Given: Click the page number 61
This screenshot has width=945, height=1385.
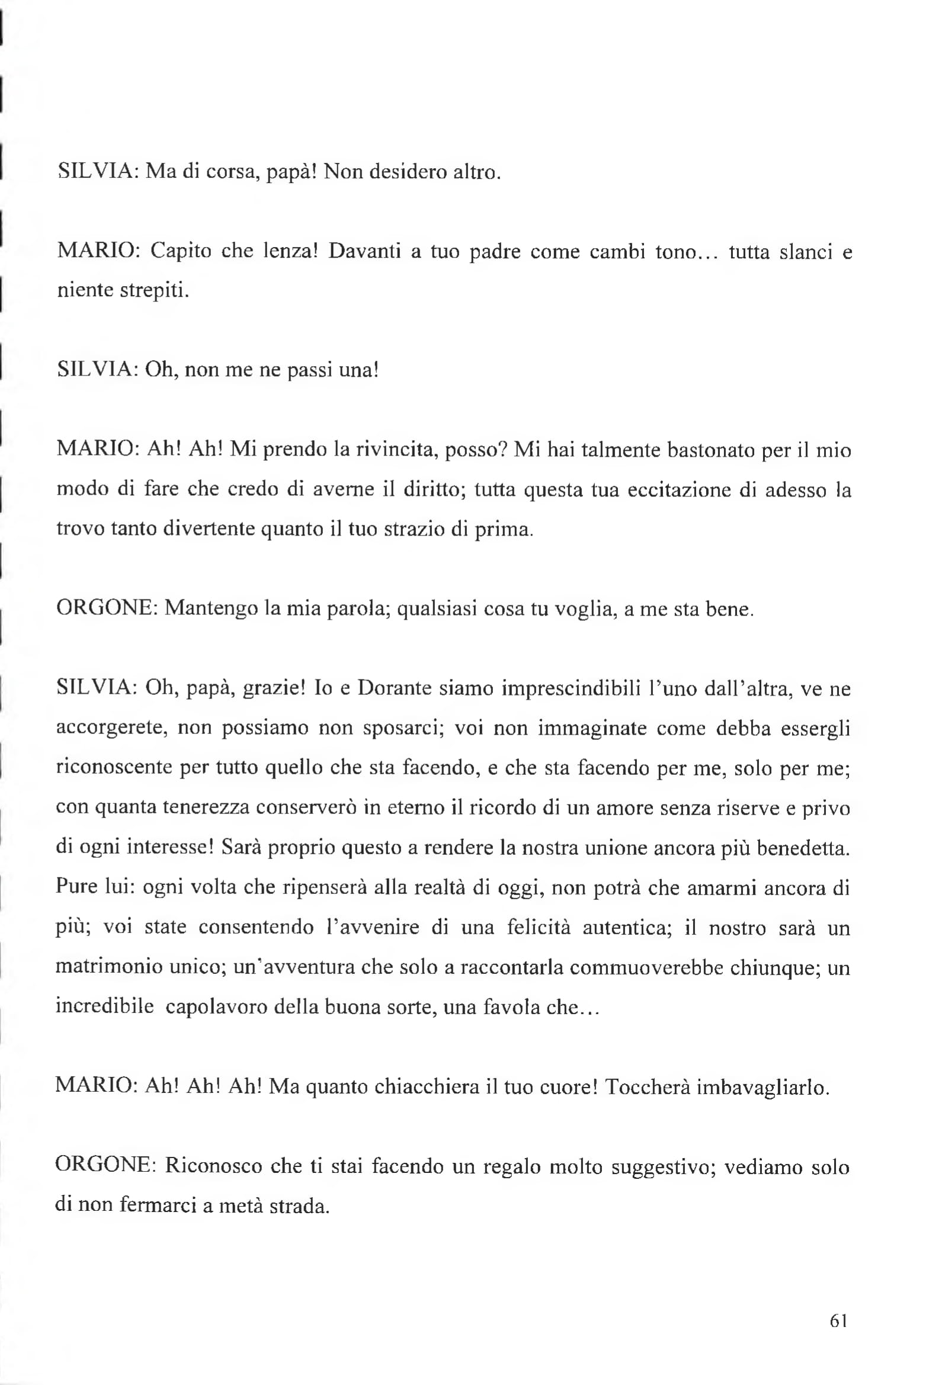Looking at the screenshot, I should [838, 1320].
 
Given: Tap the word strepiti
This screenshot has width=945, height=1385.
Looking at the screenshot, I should [155, 291].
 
